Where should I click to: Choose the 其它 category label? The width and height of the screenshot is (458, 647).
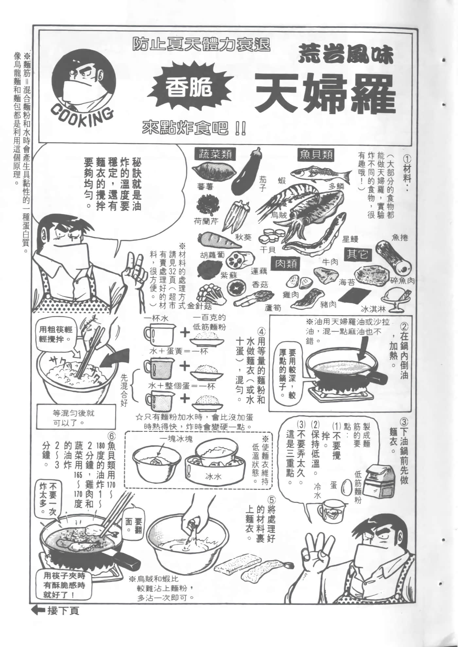[x=358, y=254]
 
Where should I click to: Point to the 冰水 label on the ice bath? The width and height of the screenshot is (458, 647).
[x=213, y=476]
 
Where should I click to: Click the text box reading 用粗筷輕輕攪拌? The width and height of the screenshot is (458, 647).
[x=56, y=334]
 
